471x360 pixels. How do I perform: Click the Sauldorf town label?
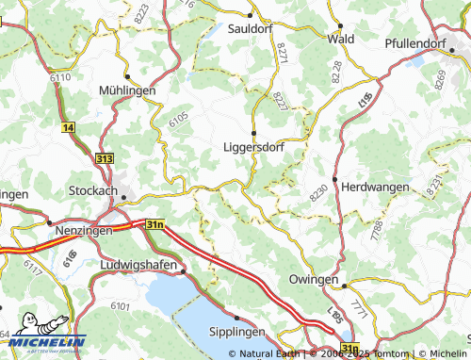tap(253, 29)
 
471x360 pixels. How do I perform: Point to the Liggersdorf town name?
tap(253, 147)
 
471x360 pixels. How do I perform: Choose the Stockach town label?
tap(93, 190)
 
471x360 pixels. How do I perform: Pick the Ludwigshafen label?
tap(138, 267)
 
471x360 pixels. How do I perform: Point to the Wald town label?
tap(340, 39)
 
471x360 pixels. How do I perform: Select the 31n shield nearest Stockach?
tap(154, 224)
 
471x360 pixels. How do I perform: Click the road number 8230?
tap(318, 193)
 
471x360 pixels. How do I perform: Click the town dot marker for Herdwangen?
tap(334, 178)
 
